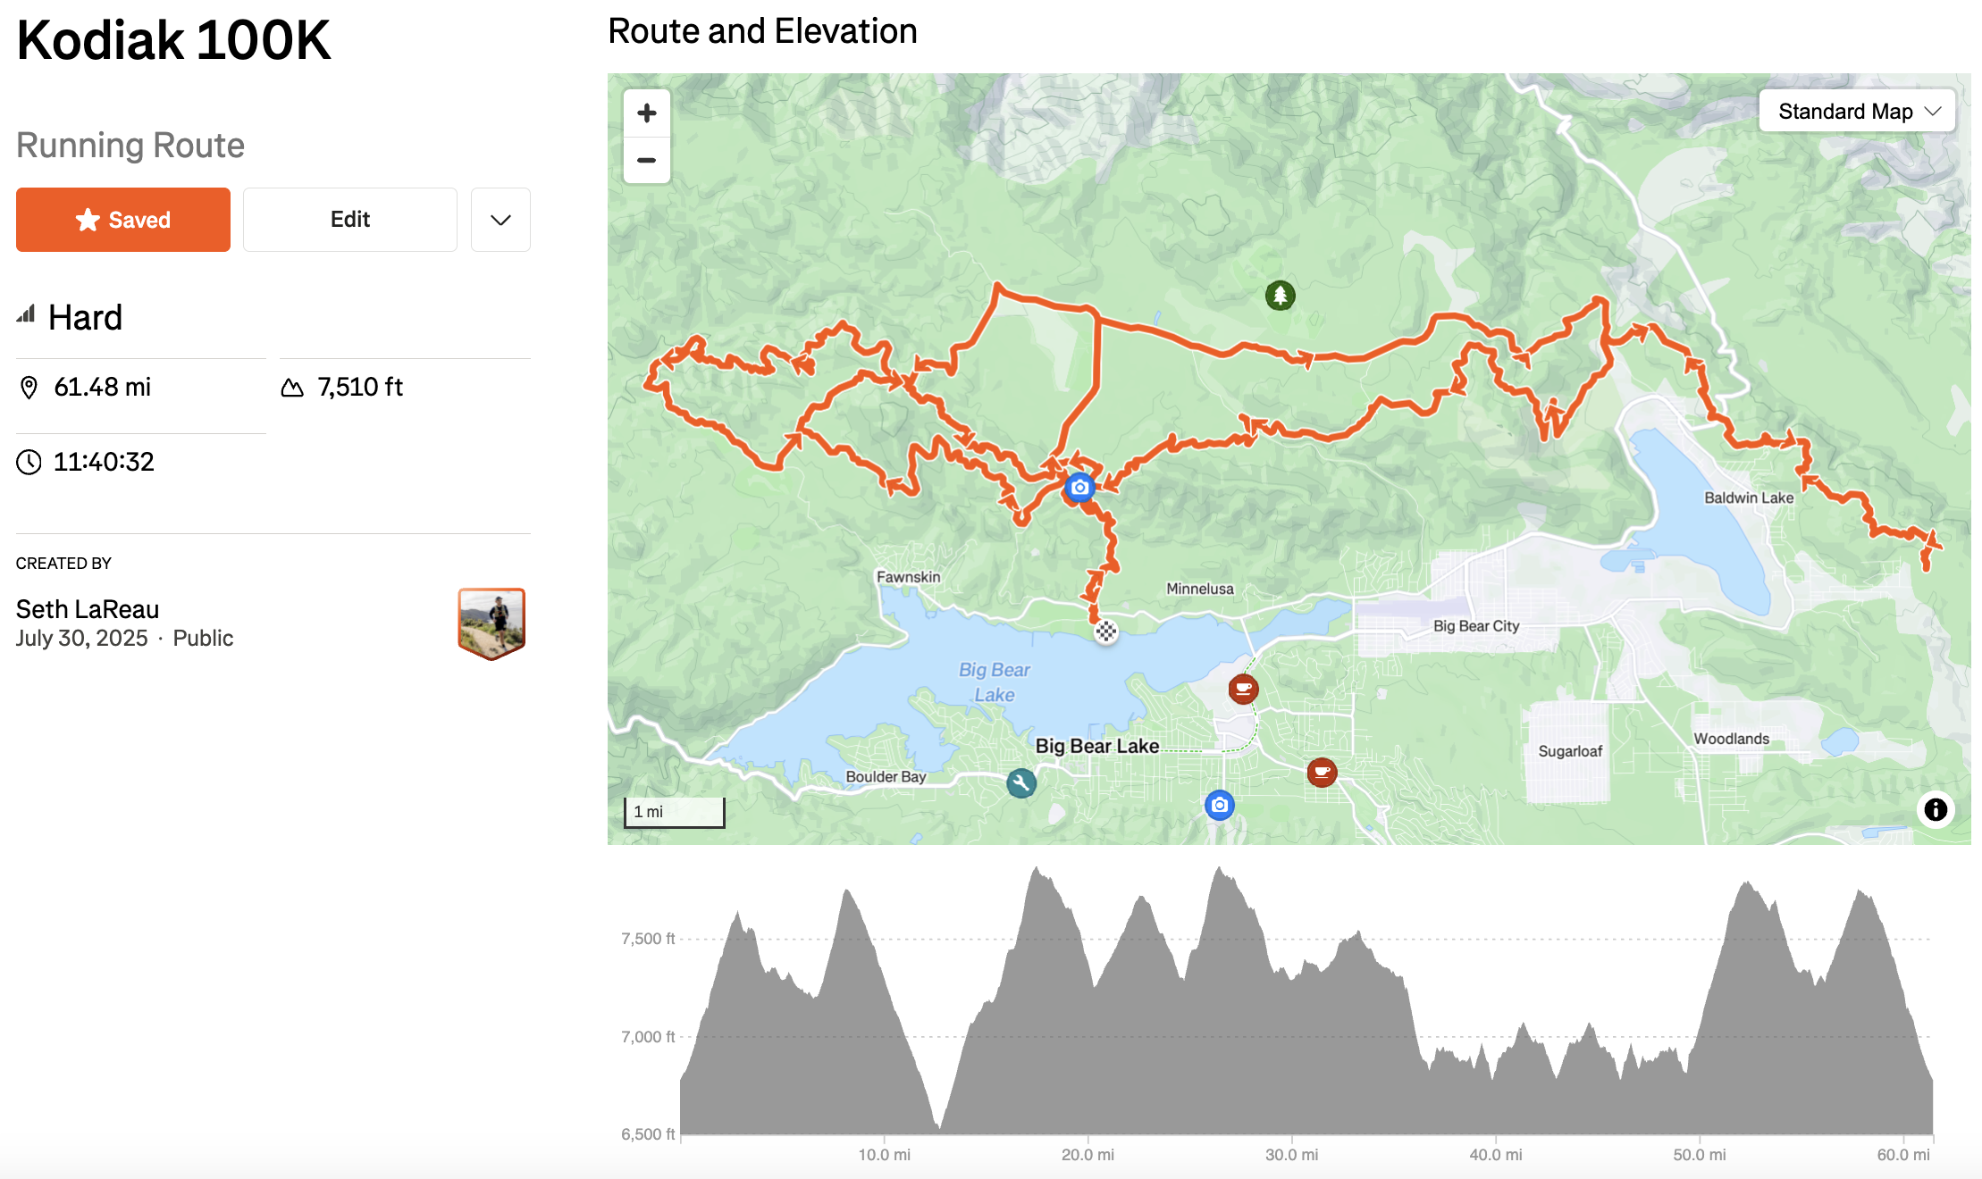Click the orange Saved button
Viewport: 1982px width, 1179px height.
[x=123, y=220]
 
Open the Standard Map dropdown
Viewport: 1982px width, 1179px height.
[x=1857, y=112]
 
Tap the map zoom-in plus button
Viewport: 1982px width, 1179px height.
[x=647, y=113]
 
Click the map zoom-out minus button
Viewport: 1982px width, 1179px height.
[x=647, y=161]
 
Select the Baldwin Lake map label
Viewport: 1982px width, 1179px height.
[x=1748, y=498]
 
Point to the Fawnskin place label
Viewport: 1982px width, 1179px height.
[x=908, y=577]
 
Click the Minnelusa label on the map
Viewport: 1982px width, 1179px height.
[x=1199, y=589]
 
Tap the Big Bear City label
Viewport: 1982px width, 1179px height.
[x=1475, y=626]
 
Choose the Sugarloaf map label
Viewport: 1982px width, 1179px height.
[x=1570, y=751]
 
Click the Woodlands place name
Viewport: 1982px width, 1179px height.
[x=1731, y=739]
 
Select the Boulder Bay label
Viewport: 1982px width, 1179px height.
[x=886, y=776]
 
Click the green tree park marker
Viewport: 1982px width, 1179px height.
[x=1280, y=295]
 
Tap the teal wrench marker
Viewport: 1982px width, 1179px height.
[x=1020, y=783]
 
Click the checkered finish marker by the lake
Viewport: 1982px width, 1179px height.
[x=1105, y=631]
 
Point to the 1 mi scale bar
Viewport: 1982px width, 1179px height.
[x=674, y=812]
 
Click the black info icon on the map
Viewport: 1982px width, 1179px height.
[x=1935, y=809]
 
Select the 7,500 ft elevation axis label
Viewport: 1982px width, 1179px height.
[x=648, y=939]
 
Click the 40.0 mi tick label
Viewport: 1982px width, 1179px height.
[x=1495, y=1154]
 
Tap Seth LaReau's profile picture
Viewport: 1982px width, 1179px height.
[x=491, y=623]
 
